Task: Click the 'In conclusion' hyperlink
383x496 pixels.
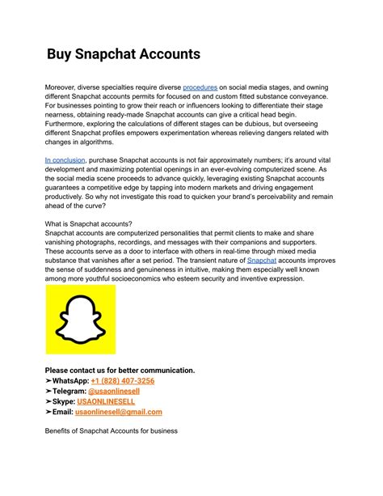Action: pos(65,161)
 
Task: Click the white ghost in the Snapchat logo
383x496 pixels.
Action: pos(80,319)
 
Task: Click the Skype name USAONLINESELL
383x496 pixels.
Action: pos(108,401)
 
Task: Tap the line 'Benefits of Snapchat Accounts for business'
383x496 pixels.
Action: pos(111,431)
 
